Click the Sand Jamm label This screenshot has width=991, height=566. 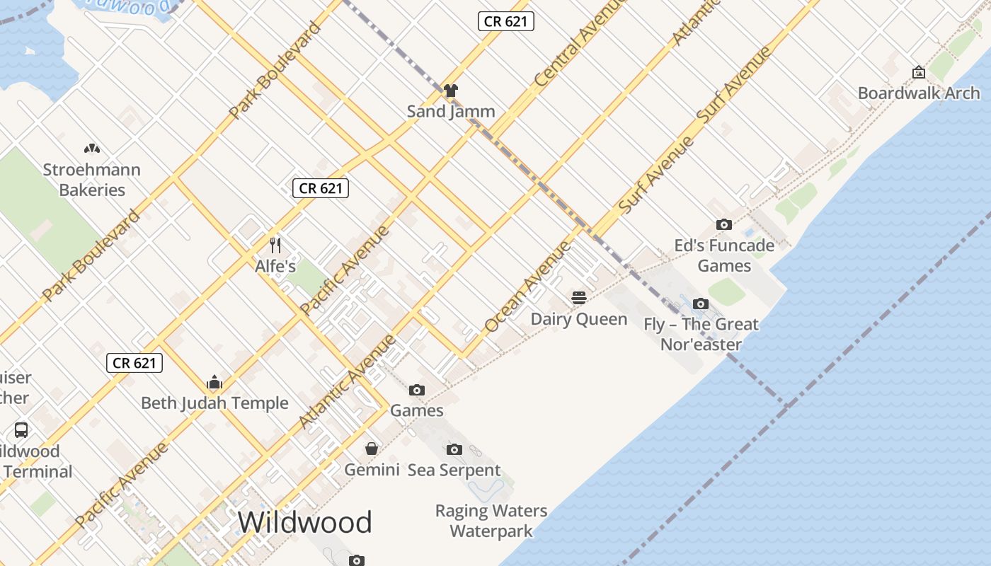point(450,111)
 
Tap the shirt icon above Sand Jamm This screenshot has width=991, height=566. point(451,91)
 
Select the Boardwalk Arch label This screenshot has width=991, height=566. point(918,93)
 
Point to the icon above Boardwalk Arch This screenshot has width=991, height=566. point(918,72)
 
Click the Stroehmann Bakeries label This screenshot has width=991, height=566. point(92,180)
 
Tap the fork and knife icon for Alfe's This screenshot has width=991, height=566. point(275,246)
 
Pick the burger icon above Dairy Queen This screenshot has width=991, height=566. point(579,298)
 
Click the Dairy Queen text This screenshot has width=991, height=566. point(579,319)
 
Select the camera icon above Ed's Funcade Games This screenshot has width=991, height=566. point(723,225)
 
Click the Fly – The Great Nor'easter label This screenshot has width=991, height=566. point(701,334)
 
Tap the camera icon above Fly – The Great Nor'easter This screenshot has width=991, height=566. point(700,304)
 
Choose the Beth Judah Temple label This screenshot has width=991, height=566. point(214,403)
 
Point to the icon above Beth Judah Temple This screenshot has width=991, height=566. point(214,383)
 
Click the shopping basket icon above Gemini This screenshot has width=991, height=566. point(372,449)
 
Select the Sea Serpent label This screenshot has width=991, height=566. point(454,470)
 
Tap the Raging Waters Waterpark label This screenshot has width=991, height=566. point(491,521)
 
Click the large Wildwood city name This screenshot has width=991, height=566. point(304,522)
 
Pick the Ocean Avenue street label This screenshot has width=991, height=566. point(527,287)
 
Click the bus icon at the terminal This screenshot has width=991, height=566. point(21,430)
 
